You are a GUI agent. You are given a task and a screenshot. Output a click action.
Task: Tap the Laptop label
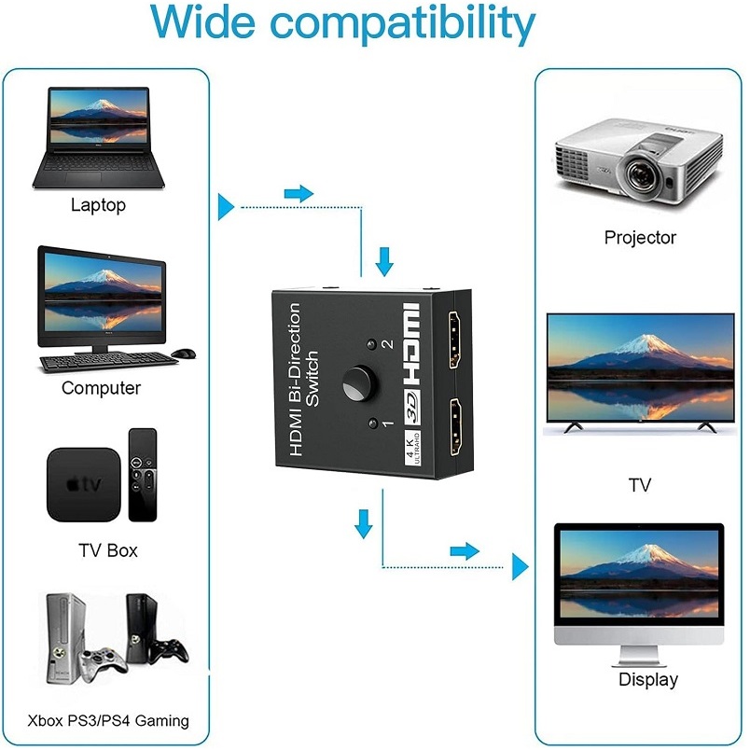click(98, 205)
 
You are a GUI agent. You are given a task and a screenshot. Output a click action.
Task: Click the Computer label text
click(101, 388)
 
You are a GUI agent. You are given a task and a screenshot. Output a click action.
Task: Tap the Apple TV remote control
click(143, 474)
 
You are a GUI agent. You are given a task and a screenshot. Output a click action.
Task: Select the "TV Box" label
click(107, 550)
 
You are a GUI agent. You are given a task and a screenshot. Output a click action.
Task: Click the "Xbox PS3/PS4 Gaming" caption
click(108, 720)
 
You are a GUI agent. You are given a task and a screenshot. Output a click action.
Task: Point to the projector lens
click(641, 174)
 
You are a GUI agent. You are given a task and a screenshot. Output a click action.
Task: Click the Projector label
click(640, 238)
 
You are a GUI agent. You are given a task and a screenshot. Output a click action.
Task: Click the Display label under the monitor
click(648, 679)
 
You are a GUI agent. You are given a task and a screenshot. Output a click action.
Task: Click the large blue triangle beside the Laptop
click(226, 206)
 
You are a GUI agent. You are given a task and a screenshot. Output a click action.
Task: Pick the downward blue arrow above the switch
click(384, 261)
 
